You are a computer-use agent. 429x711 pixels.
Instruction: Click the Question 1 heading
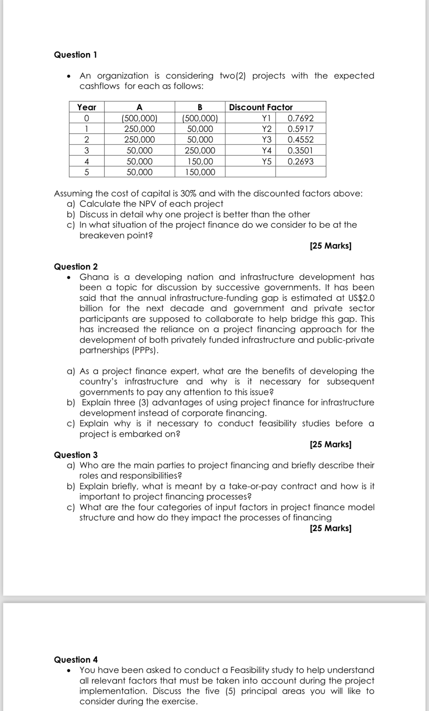[75, 55]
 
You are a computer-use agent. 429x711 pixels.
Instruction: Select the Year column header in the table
[86, 107]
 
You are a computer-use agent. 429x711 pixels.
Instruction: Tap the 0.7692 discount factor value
[300, 118]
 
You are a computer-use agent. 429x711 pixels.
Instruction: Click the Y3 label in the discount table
[267, 140]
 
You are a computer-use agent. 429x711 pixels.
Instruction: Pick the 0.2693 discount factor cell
[300, 162]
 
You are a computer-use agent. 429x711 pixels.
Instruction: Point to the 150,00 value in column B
[200, 162]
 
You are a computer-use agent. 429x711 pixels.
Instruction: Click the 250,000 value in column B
[200, 151]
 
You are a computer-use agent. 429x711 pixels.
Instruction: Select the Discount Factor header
[261, 107]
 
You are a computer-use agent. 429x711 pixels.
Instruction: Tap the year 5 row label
[86, 172]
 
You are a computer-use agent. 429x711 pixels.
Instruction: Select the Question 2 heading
[76, 267]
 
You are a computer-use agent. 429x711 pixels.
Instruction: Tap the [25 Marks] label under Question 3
[330, 528]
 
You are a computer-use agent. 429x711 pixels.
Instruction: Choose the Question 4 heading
[76, 659]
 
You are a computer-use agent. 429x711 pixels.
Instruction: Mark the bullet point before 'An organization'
[69, 76]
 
